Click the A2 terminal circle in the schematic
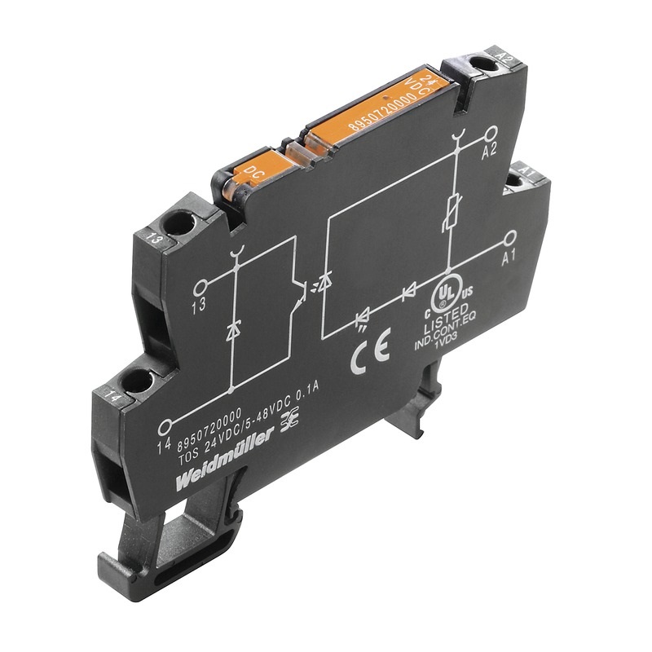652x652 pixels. (x=491, y=132)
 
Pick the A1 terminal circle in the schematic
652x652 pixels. (x=511, y=237)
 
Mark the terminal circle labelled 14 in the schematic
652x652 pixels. (x=166, y=425)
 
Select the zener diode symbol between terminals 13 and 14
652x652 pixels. (x=235, y=330)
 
